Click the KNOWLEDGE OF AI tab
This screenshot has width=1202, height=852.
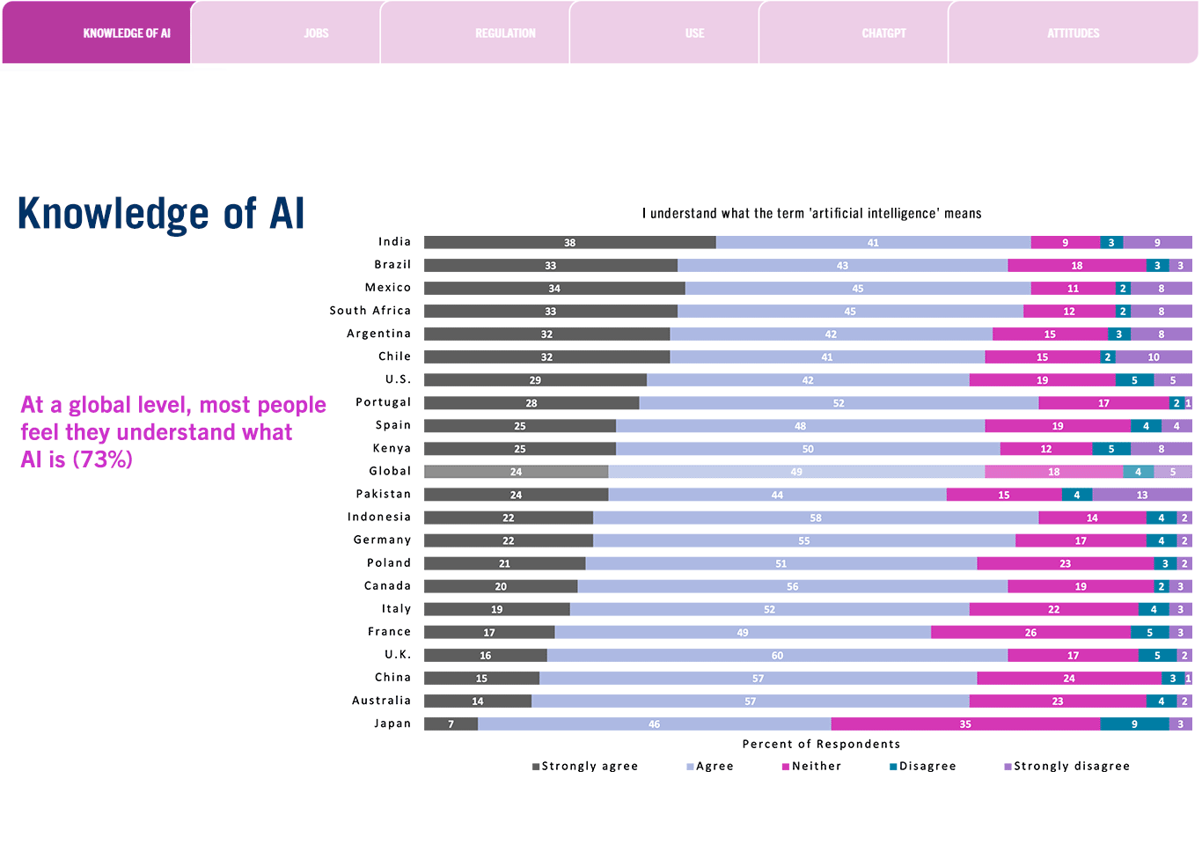[x=126, y=33]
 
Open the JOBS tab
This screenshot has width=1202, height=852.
[x=316, y=33]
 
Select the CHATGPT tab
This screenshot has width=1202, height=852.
[x=883, y=33]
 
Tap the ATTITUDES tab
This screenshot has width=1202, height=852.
[x=1073, y=33]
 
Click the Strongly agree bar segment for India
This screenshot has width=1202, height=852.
[x=569, y=242]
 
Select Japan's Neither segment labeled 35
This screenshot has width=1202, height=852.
[x=965, y=723]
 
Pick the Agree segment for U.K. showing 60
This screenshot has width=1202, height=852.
[x=777, y=655]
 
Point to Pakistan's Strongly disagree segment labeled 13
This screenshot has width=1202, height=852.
[x=1141, y=495]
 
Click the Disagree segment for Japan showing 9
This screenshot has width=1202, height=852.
[x=1134, y=723]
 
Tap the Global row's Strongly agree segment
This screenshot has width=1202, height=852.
[x=516, y=472]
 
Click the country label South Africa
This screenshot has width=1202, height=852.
[x=370, y=311]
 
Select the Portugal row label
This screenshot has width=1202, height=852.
[x=383, y=402]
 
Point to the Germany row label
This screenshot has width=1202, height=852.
[x=382, y=540]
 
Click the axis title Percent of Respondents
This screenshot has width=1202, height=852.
[x=821, y=744]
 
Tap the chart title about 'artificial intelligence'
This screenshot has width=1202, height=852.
[x=811, y=213]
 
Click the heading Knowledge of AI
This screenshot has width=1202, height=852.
[x=161, y=214]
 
